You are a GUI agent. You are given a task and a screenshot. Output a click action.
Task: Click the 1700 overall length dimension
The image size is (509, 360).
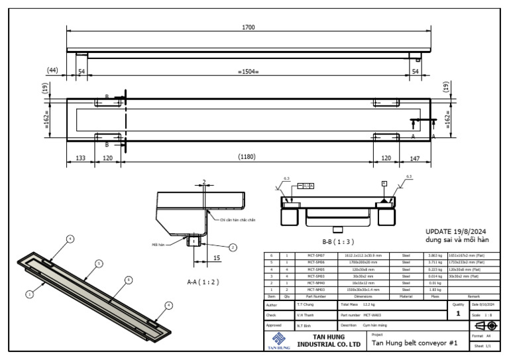(x=249, y=28)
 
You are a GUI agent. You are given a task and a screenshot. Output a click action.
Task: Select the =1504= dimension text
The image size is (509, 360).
(x=249, y=71)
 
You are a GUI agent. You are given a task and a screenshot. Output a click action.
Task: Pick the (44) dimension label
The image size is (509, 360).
(x=52, y=69)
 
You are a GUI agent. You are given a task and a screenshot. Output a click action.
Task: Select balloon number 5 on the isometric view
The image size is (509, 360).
(x=99, y=263)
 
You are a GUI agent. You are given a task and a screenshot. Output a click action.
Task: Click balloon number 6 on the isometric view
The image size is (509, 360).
(x=128, y=280)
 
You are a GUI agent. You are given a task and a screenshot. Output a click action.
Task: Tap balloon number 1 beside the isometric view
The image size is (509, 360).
(x=28, y=292)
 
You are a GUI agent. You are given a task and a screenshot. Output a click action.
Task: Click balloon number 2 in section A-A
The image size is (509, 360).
(x=233, y=247)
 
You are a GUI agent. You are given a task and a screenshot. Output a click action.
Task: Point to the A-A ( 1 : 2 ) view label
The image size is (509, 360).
(x=203, y=282)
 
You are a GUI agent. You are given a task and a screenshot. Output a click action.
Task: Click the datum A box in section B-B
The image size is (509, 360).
(x=383, y=183)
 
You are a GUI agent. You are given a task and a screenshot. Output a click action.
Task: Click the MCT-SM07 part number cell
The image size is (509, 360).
(x=315, y=255)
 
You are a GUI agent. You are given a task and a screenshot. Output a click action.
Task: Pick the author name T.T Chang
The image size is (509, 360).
(x=306, y=304)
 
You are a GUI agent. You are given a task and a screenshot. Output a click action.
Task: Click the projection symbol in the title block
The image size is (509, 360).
(x=485, y=326)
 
